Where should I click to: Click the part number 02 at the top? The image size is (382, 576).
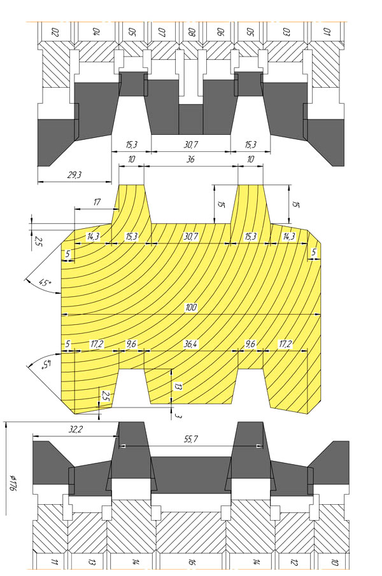point(55,31)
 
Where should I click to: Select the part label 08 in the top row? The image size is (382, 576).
point(192,31)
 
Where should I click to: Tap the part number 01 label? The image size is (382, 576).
point(327,31)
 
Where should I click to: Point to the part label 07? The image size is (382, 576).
point(162,31)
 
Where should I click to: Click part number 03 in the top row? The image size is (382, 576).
point(287,31)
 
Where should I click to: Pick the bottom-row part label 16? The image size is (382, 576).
point(192,562)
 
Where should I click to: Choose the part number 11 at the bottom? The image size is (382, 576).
point(55,562)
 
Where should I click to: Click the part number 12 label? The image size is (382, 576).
point(297,562)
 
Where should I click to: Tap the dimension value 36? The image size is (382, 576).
point(190,160)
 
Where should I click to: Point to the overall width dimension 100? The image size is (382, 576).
point(191,308)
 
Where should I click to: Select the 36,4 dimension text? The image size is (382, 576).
point(190,344)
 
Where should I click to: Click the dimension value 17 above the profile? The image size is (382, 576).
point(96,202)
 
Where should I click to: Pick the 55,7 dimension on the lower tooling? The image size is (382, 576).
point(191,439)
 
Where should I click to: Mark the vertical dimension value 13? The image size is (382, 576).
point(179,385)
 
